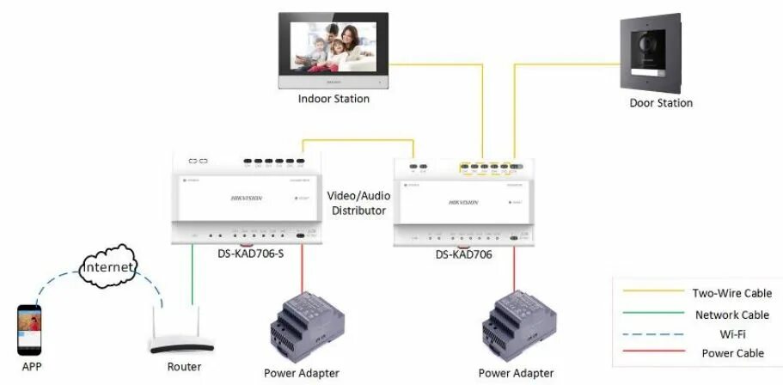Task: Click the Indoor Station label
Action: pos(333,99)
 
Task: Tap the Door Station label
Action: pos(660,103)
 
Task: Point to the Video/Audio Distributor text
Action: pos(358,203)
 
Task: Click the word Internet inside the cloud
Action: pos(108,268)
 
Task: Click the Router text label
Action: pos(185,367)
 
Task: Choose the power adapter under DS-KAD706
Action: pos(517,327)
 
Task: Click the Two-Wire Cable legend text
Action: pos(731,293)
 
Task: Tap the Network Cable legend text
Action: pos(731,315)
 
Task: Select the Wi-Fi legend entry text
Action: pos(731,333)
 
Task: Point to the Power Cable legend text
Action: pos(732,353)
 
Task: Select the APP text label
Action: pos(32,367)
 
